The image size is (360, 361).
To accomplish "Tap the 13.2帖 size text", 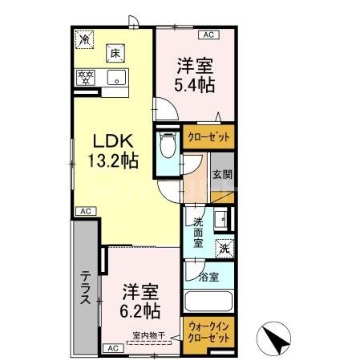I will [113, 160].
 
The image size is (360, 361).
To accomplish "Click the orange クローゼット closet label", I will [208, 138].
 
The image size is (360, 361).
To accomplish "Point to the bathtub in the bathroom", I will [208, 304].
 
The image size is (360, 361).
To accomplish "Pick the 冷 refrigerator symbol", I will [84, 37].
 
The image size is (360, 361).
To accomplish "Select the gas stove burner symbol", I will [85, 79].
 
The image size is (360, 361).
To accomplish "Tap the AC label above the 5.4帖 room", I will [208, 34].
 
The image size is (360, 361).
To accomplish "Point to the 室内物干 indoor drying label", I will [148, 336].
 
